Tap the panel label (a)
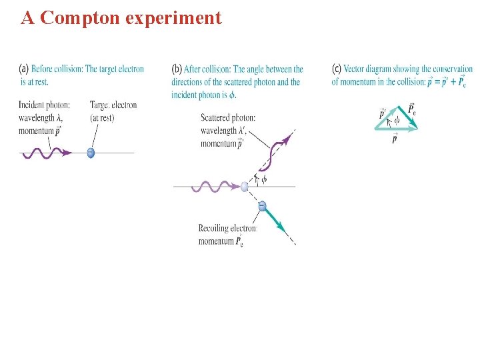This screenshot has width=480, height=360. [23, 69]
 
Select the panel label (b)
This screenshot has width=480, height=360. [177, 69]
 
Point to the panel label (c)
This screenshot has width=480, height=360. [337, 69]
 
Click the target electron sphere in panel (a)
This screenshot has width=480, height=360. [91, 153]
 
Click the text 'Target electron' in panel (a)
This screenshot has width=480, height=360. [113, 105]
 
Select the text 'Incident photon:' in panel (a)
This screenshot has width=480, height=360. [42, 105]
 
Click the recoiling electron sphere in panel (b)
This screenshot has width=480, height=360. [262, 206]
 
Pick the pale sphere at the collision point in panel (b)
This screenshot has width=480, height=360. [245, 187]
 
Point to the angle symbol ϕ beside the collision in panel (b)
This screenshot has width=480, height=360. [264, 179]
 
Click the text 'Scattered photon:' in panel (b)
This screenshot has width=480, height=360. [227, 118]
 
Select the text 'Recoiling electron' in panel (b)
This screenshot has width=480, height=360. [227, 229]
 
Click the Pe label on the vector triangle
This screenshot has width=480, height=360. [412, 108]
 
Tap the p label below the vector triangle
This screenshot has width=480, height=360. [394, 139]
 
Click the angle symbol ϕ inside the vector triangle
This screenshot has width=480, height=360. [396, 121]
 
